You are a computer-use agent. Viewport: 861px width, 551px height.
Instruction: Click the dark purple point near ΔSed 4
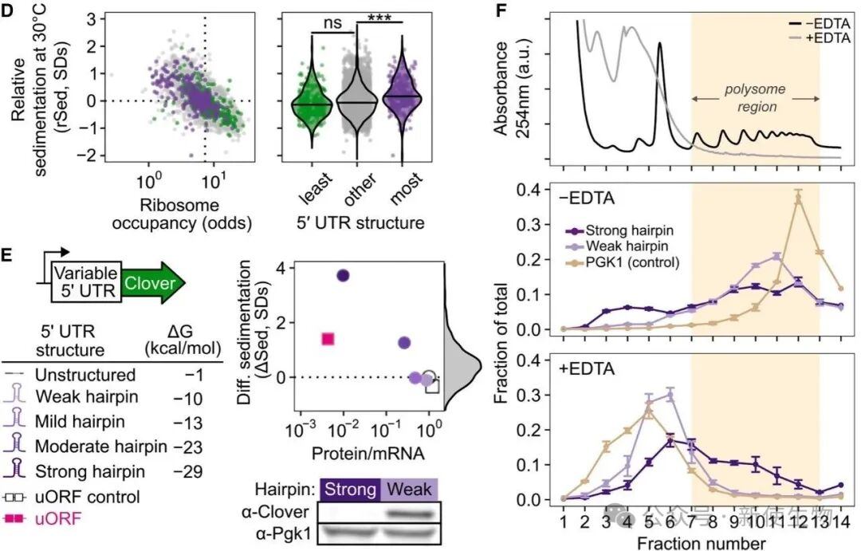tap(344, 275)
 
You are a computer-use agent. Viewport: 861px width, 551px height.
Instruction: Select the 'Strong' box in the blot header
tap(350, 489)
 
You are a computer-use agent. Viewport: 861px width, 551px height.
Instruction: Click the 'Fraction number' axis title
tap(702, 542)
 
